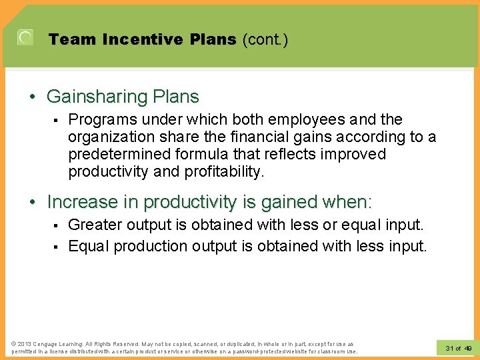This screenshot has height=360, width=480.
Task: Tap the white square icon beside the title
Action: [x=25, y=37]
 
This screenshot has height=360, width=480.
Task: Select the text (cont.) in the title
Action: [x=265, y=39]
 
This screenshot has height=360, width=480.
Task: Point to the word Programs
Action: [x=99, y=120]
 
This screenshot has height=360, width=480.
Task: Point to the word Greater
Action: [x=95, y=225]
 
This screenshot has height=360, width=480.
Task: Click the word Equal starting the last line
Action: [x=89, y=246]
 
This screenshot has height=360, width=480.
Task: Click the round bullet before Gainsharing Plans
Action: [x=33, y=97]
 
